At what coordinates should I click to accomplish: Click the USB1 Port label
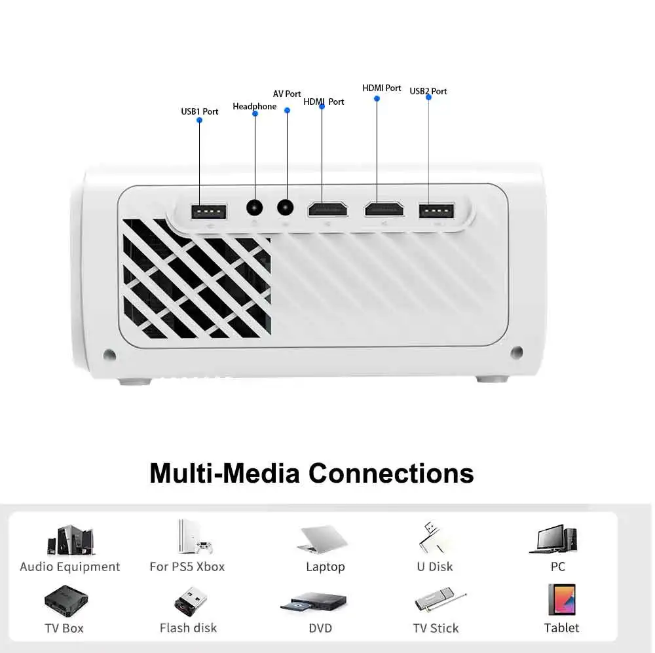pos(200,111)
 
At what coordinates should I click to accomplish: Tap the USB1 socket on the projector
pos(208,212)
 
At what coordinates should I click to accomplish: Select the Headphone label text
pos(255,106)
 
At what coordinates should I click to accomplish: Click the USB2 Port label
pos(428,91)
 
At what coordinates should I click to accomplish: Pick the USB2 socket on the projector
pos(436,211)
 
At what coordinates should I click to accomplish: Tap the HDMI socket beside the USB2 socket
pos(384,209)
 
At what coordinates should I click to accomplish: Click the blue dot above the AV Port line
pos(287,110)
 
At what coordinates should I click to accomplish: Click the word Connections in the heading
pos(391,473)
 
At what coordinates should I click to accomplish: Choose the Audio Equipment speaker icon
pos(69,540)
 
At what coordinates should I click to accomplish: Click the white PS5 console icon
pos(195,537)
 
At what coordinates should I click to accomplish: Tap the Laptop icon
pos(324,540)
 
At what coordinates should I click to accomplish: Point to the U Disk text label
pos(435,567)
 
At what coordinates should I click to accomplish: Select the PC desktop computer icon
pos(557,539)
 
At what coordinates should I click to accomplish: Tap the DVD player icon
pos(314,602)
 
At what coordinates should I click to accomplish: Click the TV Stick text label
pos(436,628)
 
